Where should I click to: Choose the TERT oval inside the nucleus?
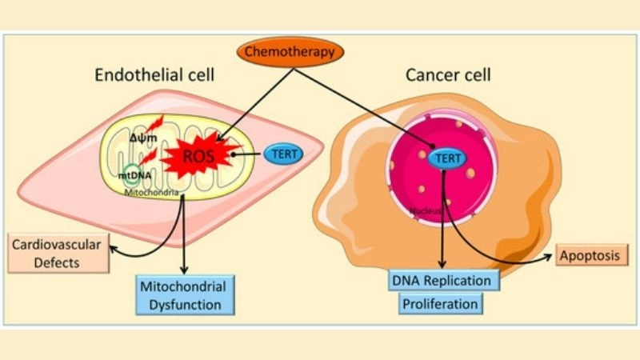click(x=448, y=158)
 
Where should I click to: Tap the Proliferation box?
click(x=442, y=305)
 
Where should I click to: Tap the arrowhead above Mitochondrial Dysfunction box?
click(x=185, y=270)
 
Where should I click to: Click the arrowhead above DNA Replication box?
click(x=442, y=265)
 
